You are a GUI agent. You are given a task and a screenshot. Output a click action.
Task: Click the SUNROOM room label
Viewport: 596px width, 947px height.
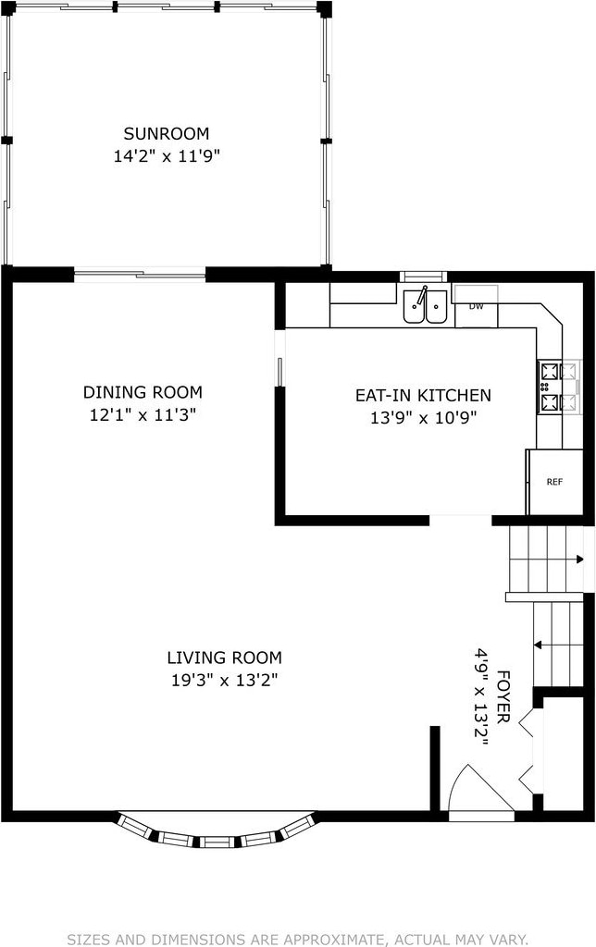coord(167,133)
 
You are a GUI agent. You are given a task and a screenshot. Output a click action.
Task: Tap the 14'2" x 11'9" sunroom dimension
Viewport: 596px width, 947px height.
coord(167,156)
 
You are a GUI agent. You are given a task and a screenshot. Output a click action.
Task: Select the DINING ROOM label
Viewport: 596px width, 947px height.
coord(143,392)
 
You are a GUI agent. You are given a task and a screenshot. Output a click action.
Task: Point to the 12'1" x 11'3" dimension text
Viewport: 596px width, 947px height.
coord(143,415)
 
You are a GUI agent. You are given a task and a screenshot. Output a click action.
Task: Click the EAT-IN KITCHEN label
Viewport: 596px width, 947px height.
coord(423,396)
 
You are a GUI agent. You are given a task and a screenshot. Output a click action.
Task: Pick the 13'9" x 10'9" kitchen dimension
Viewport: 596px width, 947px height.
coord(423,418)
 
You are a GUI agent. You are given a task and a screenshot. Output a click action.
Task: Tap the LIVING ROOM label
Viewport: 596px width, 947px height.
coord(224,658)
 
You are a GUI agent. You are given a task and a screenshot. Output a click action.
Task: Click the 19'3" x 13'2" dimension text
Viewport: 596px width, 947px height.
coord(224,681)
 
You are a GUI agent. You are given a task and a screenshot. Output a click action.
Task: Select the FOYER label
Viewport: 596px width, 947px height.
coord(503,696)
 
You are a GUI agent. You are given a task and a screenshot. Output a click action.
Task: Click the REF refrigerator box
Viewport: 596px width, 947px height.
coord(555,482)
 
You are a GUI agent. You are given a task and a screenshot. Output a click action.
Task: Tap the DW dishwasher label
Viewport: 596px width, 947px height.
coord(477,306)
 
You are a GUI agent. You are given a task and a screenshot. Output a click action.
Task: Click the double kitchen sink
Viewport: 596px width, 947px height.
coord(426,306)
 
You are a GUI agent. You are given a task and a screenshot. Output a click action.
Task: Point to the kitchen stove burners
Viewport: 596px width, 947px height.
coord(559,387)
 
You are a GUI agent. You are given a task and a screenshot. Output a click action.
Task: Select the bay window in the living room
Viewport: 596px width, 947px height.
coord(217,830)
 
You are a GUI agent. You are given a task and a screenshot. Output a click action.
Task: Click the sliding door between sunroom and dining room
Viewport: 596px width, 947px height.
coord(140,276)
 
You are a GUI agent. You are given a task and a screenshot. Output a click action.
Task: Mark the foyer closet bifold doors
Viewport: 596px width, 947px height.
coord(527,751)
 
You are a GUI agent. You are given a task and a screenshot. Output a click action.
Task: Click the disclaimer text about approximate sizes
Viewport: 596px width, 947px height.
coord(297,940)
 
